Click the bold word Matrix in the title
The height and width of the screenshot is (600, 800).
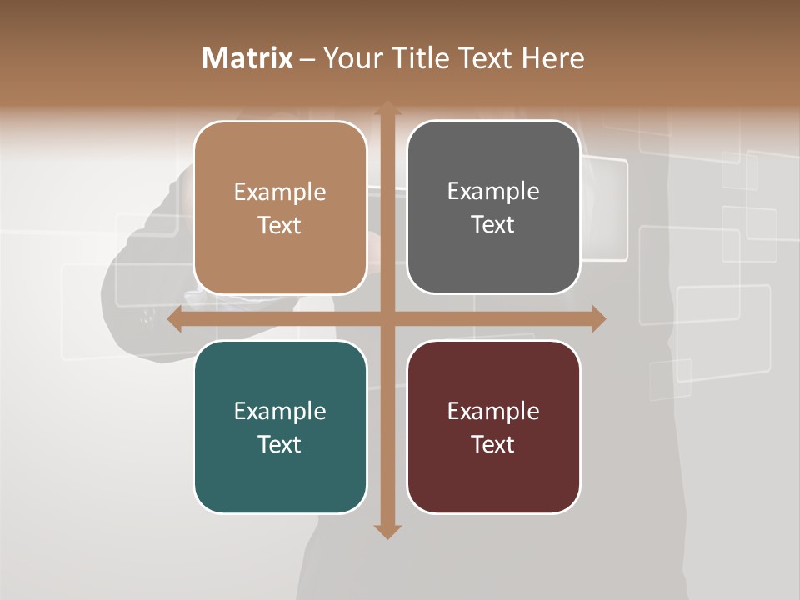pyautogui.click(x=247, y=58)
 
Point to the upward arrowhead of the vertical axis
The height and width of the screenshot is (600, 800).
pyautogui.click(x=387, y=108)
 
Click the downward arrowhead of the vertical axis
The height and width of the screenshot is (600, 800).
pyautogui.click(x=387, y=531)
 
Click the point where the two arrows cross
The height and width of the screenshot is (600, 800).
pyautogui.click(x=387, y=318)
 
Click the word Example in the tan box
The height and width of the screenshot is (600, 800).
pyautogui.click(x=280, y=192)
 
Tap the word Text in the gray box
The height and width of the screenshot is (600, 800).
pyautogui.click(x=492, y=225)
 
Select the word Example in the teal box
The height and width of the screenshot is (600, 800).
pyautogui.click(x=280, y=412)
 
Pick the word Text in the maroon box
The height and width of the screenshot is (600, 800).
pyautogui.click(x=492, y=444)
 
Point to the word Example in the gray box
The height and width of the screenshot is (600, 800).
pyautogui.click(x=493, y=192)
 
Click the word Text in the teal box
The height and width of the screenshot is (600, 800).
pyautogui.click(x=279, y=444)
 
